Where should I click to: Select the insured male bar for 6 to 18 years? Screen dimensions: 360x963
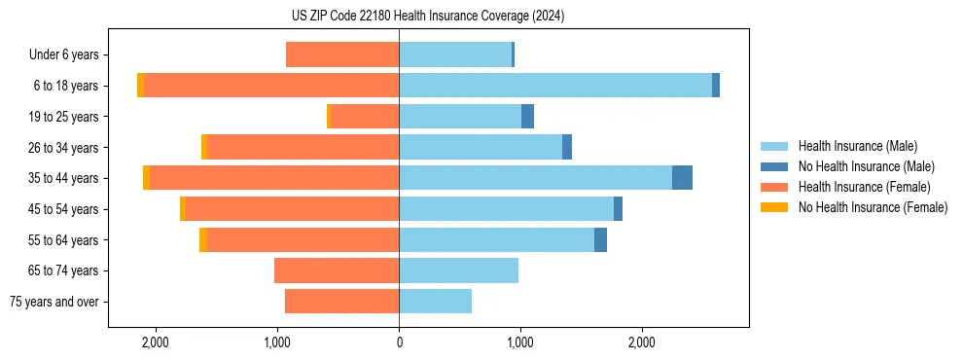[x=554, y=86]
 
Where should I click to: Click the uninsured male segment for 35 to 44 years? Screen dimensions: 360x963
[x=682, y=178]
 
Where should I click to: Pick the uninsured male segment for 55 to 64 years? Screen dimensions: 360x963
[x=600, y=240]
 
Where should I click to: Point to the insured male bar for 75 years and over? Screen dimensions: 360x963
[x=435, y=302]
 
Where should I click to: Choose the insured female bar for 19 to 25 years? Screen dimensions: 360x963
[x=365, y=117]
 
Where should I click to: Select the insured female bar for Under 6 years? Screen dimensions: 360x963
[x=342, y=54]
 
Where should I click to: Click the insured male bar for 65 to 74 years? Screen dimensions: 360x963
[x=458, y=270]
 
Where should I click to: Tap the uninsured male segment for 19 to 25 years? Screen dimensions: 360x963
[x=527, y=117]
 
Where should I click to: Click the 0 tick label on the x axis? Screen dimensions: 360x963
[x=399, y=342]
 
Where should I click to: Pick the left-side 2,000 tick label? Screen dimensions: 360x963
[x=156, y=342]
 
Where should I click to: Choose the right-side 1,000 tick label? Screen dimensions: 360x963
[x=519, y=342]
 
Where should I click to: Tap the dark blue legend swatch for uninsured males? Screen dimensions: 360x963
[x=774, y=166]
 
